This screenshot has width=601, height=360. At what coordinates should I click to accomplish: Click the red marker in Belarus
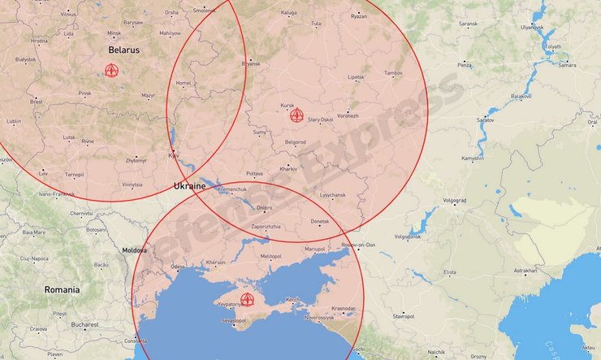(112, 70)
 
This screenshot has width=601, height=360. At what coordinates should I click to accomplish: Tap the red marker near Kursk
(296, 115)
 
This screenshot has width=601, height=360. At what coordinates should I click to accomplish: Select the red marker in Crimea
(247, 299)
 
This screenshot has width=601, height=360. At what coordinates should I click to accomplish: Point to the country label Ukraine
(189, 186)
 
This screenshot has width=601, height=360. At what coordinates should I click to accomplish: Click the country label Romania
(63, 289)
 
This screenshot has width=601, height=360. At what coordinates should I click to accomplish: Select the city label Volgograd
(455, 200)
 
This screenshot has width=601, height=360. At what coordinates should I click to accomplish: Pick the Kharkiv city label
(288, 168)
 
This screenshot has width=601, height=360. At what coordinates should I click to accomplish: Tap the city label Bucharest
(84, 324)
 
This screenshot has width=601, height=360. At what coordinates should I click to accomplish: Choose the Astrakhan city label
(525, 271)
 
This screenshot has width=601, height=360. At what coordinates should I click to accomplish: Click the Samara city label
(568, 65)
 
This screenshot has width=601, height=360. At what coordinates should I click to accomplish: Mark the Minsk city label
(114, 33)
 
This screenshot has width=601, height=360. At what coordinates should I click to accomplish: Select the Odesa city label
(178, 266)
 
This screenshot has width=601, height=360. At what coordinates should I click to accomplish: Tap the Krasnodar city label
(344, 309)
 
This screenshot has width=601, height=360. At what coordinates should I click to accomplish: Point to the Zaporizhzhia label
(266, 227)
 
